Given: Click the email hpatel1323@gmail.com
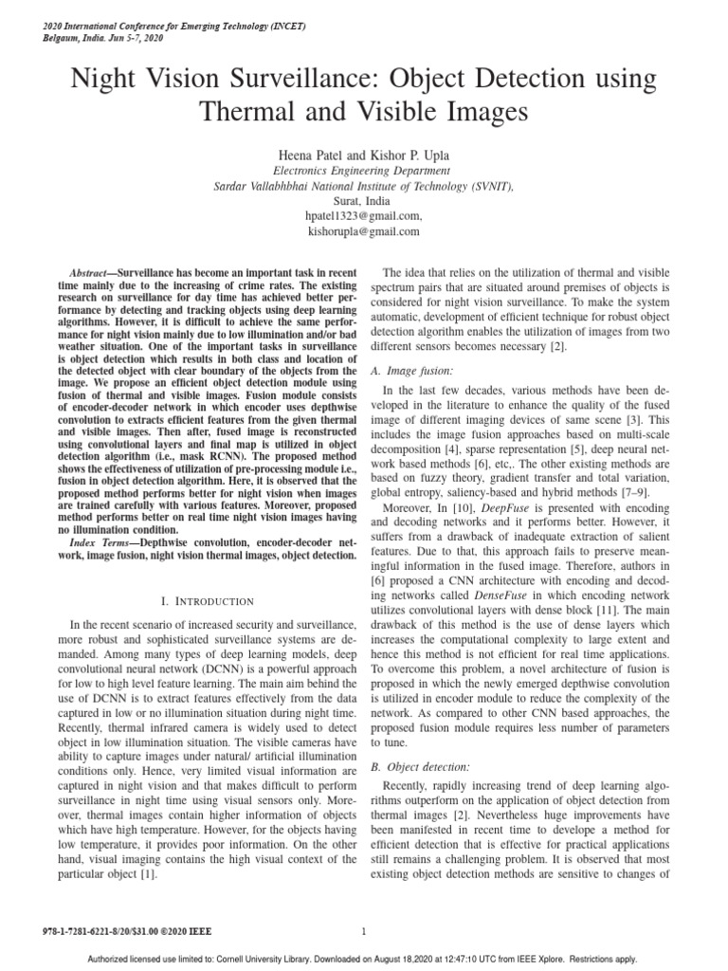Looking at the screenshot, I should click(364, 216).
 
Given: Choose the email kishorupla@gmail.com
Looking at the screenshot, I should click(364, 231).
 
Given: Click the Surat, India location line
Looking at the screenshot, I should click(364, 201).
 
